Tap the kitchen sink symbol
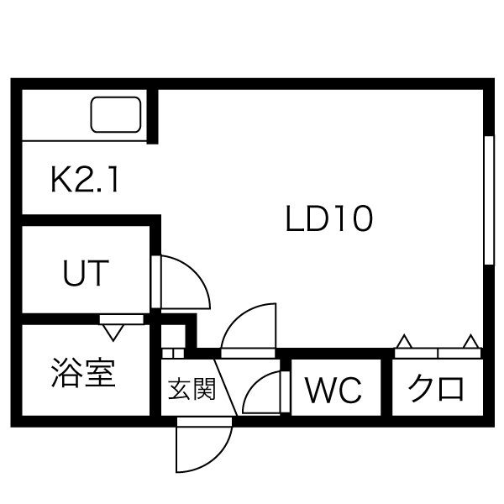[116, 115]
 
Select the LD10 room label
[328, 220]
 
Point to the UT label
[86, 273]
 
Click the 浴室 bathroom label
[83, 372]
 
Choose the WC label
[333, 390]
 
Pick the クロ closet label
[436, 390]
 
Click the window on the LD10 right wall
[487, 199]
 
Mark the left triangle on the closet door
[405, 342]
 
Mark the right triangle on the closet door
[470, 342]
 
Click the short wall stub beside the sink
[153, 116]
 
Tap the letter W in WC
[319, 390]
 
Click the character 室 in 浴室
[100, 372]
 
